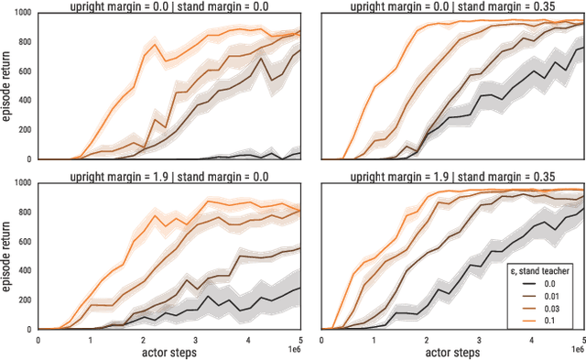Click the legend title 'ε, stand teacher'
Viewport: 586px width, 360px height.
(544, 270)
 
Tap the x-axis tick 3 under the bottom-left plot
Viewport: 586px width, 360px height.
(194, 340)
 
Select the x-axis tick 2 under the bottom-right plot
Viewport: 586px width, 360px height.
(426, 340)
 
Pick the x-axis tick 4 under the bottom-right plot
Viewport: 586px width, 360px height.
(530, 340)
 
